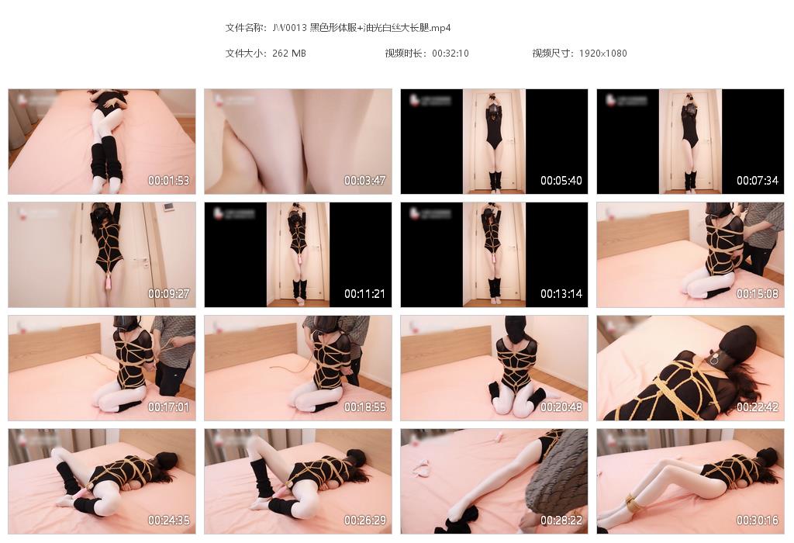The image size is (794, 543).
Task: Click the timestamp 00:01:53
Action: click(x=169, y=181)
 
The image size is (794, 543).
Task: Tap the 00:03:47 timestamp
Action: click(x=365, y=181)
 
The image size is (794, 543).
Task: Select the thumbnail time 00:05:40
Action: click(x=561, y=181)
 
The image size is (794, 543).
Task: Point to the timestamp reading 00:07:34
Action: click(x=758, y=181)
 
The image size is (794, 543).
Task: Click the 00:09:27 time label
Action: click(x=169, y=294)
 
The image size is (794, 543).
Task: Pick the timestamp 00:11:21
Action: click(x=365, y=294)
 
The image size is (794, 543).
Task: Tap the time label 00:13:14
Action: click(x=561, y=294)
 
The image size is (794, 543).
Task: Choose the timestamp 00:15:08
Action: click(x=758, y=294)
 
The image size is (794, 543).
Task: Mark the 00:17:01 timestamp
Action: click(x=169, y=407)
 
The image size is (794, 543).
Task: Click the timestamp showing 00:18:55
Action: click(x=365, y=407)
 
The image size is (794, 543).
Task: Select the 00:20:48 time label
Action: click(x=561, y=407)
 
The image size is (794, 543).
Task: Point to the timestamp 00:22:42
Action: click(x=758, y=407)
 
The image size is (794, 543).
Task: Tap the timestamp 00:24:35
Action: click(x=169, y=521)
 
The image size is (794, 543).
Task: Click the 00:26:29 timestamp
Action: click(x=365, y=521)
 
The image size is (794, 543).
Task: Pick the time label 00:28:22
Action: click(x=561, y=521)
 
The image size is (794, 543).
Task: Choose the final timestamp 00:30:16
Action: click(x=758, y=521)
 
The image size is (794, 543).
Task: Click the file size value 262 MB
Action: click(x=289, y=54)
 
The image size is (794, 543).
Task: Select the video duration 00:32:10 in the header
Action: click(x=451, y=54)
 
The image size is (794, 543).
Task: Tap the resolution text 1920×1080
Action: click(x=603, y=54)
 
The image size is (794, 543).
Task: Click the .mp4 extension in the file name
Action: click(x=440, y=28)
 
